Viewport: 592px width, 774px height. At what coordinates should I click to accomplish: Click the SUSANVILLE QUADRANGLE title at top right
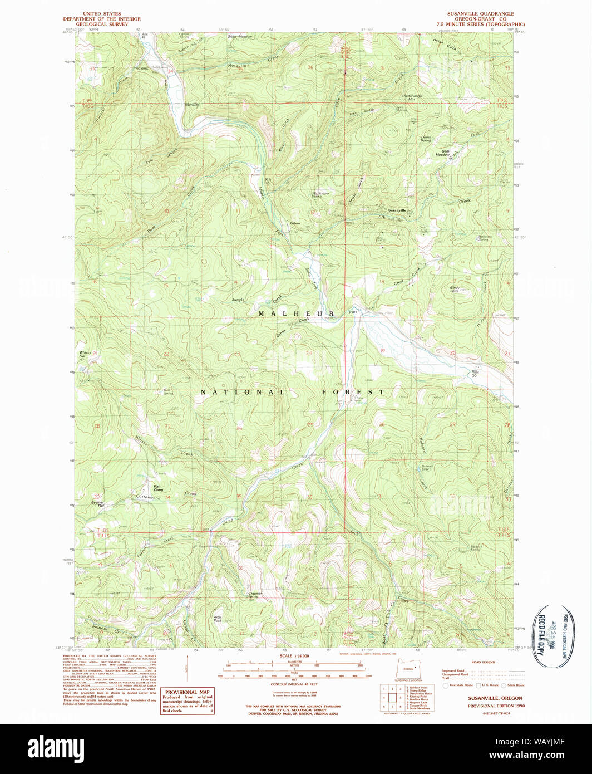[x=481, y=13]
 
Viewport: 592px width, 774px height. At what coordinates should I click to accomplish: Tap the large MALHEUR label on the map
[x=296, y=314]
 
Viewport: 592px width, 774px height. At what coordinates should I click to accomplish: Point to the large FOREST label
[x=353, y=392]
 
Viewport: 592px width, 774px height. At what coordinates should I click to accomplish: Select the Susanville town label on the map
[x=397, y=210]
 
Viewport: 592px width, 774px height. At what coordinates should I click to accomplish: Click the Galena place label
[x=295, y=223]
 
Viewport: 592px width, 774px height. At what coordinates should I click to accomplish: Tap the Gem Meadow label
[x=442, y=153]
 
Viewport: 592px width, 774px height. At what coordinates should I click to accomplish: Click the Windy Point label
[x=454, y=289]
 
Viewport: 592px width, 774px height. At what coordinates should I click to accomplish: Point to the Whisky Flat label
[x=85, y=354]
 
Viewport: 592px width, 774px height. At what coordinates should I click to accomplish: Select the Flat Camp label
[x=158, y=488]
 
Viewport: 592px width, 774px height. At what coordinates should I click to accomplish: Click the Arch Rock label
[x=218, y=619]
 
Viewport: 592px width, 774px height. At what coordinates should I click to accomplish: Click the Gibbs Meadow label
[x=240, y=37]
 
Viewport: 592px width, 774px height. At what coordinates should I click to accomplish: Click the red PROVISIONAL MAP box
[x=188, y=701]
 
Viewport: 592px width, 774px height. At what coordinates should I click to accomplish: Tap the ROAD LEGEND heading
[x=482, y=662]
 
